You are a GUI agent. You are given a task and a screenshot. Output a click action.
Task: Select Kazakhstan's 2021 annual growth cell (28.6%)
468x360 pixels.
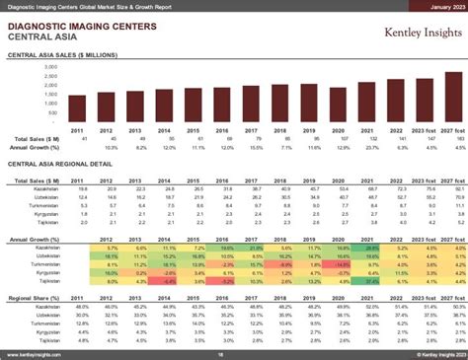tap(367, 247)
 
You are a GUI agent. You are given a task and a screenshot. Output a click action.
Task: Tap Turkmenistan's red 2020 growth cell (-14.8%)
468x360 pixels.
tap(338, 264)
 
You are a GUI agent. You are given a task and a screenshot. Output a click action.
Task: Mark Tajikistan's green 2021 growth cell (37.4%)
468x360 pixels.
tap(367, 282)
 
